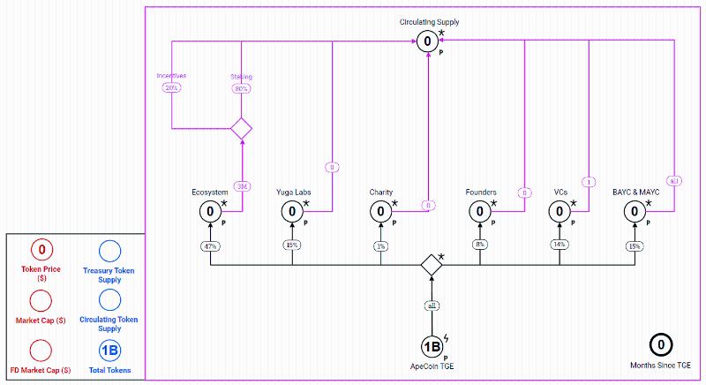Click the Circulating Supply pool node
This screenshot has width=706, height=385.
coord(427,41)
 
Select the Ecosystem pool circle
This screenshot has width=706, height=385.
coord(210,212)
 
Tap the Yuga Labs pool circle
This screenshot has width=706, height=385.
coord(293,212)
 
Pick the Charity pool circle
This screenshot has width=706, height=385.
coord(381,212)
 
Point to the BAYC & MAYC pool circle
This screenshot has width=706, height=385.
coord(635,212)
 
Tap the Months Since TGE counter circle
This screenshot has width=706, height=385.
coord(661,345)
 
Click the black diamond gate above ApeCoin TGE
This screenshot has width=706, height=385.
coord(432,264)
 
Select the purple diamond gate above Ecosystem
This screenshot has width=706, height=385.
coord(242,129)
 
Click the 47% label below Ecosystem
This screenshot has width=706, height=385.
coord(210,245)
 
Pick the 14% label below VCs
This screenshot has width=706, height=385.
coord(560,245)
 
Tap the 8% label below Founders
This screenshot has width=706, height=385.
coord(481,245)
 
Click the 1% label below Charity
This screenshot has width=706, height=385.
coord(381,245)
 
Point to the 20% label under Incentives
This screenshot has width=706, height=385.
coord(171,88)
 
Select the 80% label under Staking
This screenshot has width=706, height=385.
coord(241,88)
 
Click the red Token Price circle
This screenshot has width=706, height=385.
coord(41,250)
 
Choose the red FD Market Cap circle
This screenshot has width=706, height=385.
coord(41,351)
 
